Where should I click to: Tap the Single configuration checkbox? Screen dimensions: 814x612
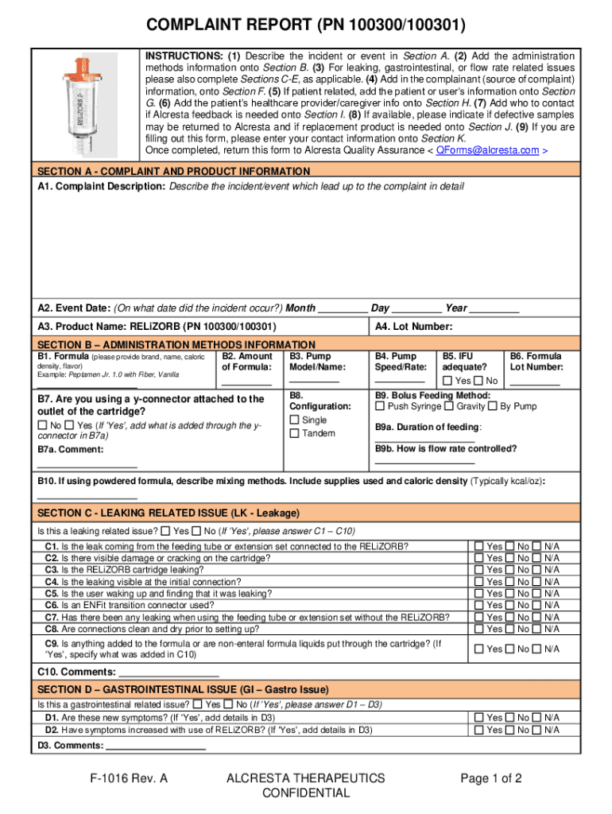[295, 420]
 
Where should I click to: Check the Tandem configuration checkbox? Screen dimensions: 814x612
[295, 433]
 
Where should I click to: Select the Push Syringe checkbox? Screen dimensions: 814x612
[380, 406]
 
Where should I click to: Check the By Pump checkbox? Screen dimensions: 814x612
[493, 406]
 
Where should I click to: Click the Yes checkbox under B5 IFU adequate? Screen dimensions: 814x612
[447, 381]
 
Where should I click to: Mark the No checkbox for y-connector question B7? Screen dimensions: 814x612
[42, 425]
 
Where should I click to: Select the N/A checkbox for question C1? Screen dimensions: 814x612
[536, 546]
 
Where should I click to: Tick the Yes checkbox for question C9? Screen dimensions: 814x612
[478, 649]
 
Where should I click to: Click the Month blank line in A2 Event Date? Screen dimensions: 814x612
[343, 309]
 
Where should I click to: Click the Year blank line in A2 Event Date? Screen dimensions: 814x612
[494, 309]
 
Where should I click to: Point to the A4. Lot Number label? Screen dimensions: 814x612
[413, 327]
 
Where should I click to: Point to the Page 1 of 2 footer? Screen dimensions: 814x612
[491, 779]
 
